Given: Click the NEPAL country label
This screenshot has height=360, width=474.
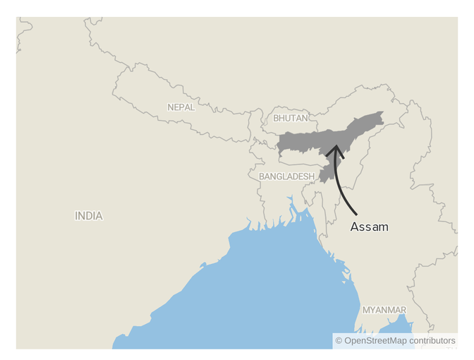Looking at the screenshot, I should (x=181, y=107).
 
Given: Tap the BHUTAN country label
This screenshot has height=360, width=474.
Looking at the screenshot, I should (x=291, y=118).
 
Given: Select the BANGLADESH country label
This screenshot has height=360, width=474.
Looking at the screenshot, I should (x=286, y=176).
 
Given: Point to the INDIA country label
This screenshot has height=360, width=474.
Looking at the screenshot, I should (x=89, y=216).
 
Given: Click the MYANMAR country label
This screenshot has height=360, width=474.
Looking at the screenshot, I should (x=384, y=310).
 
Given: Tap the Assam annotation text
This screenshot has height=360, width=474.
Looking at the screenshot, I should (x=369, y=227).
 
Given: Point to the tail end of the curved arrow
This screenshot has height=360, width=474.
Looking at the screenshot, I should (x=357, y=214).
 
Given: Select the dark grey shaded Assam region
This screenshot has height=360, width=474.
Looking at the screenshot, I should (x=310, y=141).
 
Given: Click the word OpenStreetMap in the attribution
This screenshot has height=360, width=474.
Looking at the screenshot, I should (x=375, y=341).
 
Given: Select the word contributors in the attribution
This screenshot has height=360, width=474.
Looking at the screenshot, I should (x=432, y=341).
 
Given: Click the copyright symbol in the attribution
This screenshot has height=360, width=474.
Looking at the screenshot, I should (x=339, y=341).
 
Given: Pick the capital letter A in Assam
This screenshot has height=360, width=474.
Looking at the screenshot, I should (x=355, y=227).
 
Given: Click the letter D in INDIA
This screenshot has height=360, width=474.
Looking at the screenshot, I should (x=89, y=216).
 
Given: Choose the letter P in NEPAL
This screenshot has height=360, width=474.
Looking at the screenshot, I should (x=183, y=107).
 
